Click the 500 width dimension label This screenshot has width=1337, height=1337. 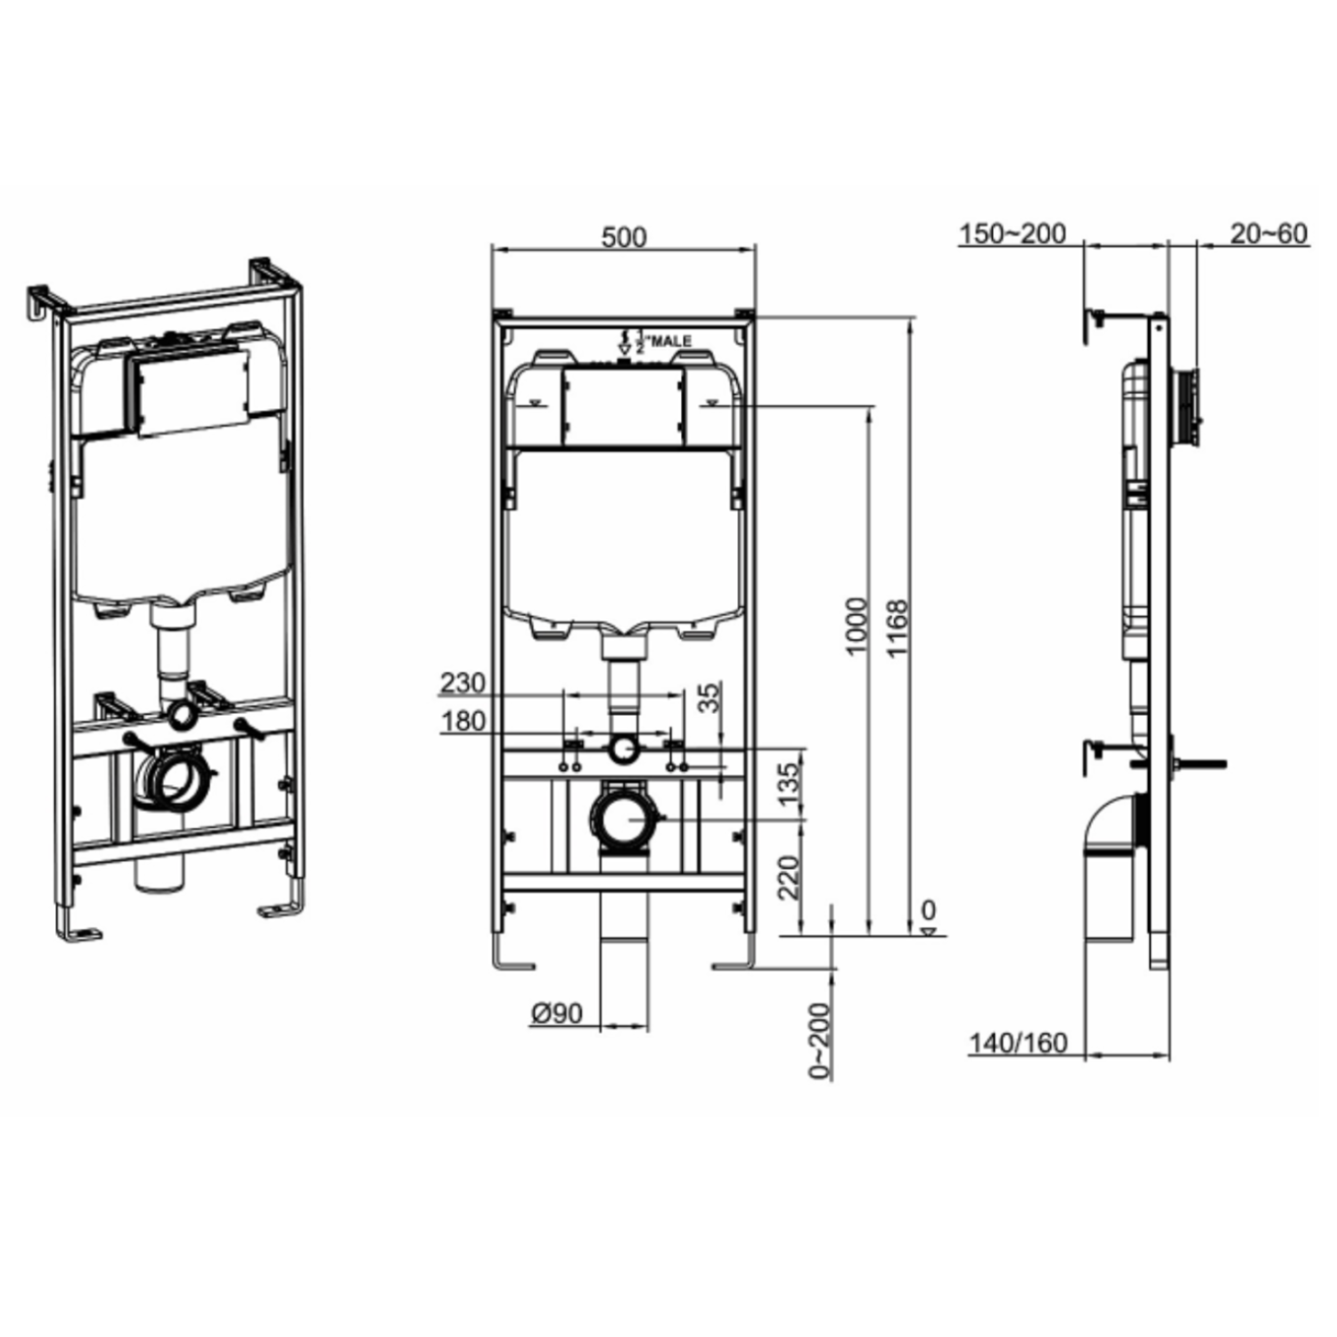tap(623, 237)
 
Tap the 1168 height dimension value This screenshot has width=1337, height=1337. tap(898, 628)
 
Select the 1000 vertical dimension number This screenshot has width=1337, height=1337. tap(857, 627)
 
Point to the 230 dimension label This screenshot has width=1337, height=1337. tap(463, 684)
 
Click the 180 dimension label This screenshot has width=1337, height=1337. tap(463, 721)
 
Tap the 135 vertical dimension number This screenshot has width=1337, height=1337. tap(789, 783)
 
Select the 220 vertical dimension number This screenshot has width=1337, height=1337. tap(789, 877)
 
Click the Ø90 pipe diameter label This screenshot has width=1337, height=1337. tap(556, 1013)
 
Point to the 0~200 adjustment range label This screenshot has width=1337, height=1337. tap(819, 1040)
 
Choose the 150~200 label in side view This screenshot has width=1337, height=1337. tap(1012, 234)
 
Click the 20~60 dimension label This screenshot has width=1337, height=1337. tap(1268, 234)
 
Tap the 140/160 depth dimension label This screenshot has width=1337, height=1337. tap(1018, 1043)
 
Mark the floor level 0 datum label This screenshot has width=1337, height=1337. tap(928, 911)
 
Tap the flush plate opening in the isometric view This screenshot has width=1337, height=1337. tap(192, 391)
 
